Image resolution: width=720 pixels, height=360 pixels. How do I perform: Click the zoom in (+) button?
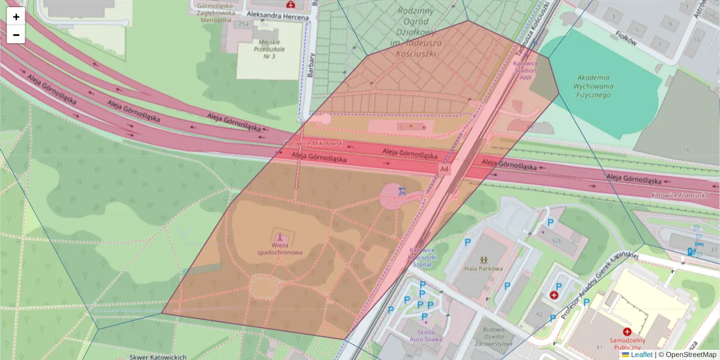click(x=16, y=17)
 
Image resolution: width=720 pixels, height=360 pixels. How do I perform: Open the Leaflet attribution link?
click(x=641, y=355)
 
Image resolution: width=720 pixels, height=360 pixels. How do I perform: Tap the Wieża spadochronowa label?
click(x=280, y=249)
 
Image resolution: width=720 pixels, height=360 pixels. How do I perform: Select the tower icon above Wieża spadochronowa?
click(x=280, y=238)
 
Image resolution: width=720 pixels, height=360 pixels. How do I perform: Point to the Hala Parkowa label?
click(x=483, y=268)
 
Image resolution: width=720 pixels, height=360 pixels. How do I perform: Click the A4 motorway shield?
click(x=444, y=170)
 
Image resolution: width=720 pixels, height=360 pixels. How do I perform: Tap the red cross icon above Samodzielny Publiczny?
click(x=627, y=332)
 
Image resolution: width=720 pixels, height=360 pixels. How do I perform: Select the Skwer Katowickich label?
click(x=158, y=356)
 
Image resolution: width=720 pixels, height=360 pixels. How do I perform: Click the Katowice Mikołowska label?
click(x=315, y=144)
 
